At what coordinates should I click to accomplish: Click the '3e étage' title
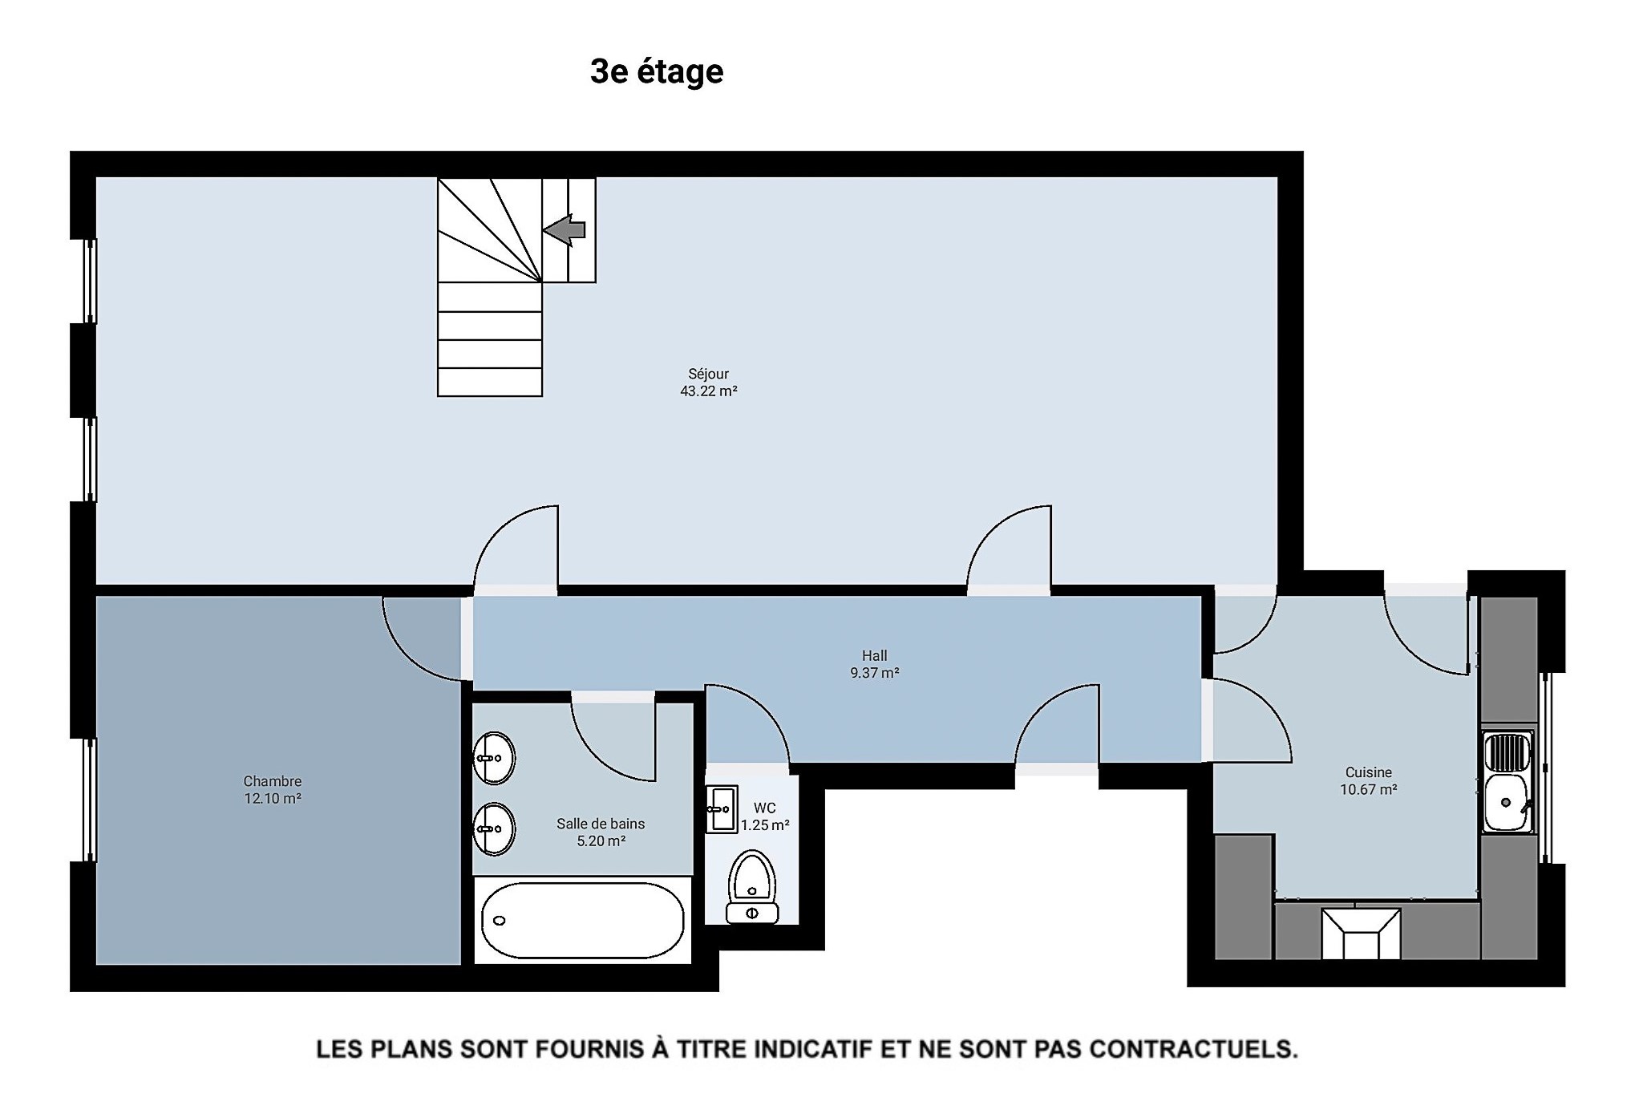657,71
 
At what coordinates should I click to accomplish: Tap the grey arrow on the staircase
565,230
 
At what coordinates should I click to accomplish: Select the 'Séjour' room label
709,374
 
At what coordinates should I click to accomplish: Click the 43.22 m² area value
709,391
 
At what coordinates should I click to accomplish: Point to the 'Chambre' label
273,781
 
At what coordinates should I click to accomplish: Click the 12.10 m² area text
273,799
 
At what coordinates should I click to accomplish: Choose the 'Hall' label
875,656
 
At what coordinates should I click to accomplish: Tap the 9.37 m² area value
875,674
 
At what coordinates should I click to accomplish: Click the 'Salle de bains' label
601,824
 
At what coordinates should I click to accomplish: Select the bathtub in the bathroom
583,921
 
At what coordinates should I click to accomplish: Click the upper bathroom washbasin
494,758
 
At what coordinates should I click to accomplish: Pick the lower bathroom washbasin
494,829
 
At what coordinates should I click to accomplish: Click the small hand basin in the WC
722,809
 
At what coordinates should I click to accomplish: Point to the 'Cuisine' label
1369,772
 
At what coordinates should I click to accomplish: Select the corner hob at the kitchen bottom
1361,934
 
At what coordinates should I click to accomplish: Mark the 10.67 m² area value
1369,790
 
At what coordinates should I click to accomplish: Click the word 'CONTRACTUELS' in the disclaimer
1194,1049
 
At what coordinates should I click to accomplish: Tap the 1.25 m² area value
765,825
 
